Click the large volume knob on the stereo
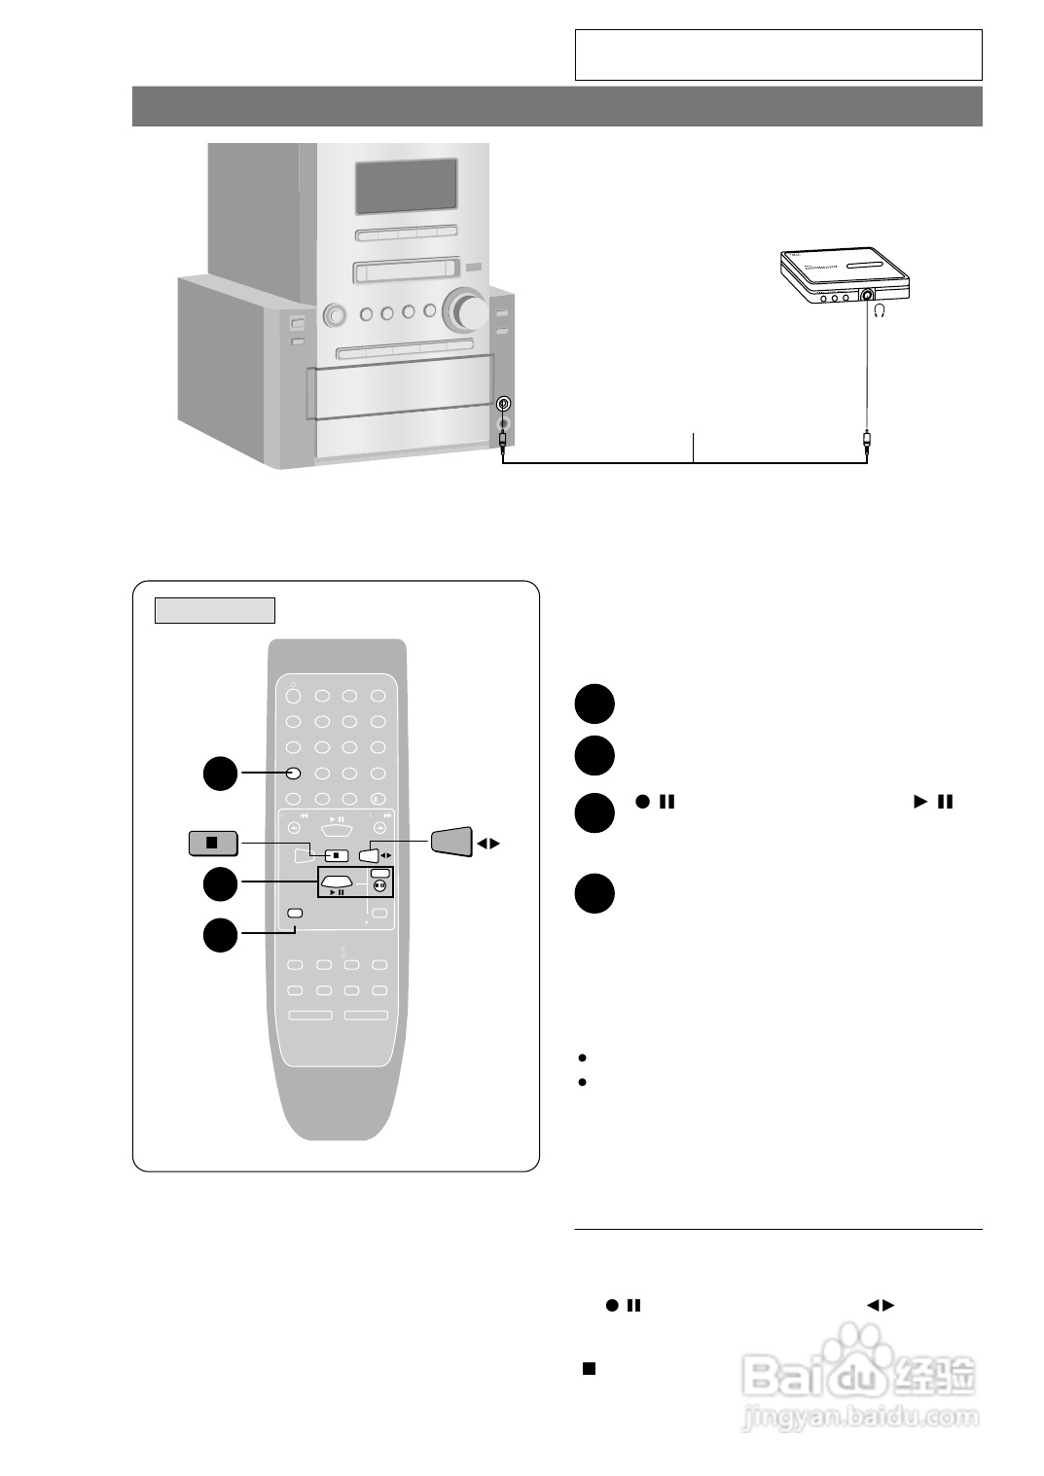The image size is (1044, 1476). click(x=465, y=311)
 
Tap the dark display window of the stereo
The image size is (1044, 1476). click(x=406, y=187)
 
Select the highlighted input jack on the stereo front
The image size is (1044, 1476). click(x=503, y=404)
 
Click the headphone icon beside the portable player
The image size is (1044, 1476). click(x=880, y=311)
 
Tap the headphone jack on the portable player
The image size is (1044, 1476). click(x=865, y=296)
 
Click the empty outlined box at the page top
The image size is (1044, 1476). click(x=778, y=54)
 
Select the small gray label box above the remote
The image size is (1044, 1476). click(x=215, y=610)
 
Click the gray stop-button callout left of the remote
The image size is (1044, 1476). click(x=213, y=843)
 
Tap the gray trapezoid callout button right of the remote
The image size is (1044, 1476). click(x=451, y=841)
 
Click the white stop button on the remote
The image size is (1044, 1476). click(x=335, y=855)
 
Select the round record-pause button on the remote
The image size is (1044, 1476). click(x=380, y=886)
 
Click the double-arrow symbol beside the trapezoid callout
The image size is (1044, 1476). click(x=488, y=844)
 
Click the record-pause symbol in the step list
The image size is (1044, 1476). click(x=655, y=803)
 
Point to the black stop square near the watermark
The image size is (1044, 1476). click(x=589, y=1368)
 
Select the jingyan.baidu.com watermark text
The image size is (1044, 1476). click(x=860, y=1417)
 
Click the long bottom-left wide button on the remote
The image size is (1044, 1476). click(x=310, y=1015)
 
